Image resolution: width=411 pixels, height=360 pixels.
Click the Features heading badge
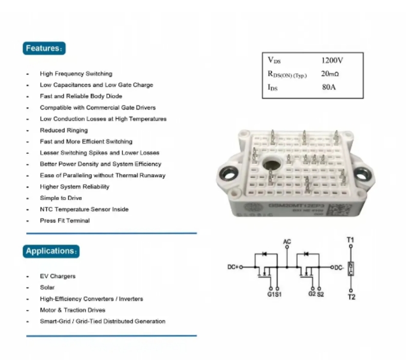pyautogui.click(x=45, y=49)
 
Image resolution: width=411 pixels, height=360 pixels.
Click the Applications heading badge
pyautogui.click(x=51, y=251)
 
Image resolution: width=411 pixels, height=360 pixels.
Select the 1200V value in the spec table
pyautogui.click(x=332, y=61)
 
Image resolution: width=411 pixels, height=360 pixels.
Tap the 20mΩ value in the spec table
pyautogui.click(x=330, y=74)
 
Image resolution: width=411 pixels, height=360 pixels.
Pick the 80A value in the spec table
pyautogui.click(x=329, y=87)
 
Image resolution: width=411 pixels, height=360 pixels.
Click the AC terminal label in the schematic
pyautogui.click(x=287, y=241)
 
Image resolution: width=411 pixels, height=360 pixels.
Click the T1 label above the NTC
pyautogui.click(x=351, y=240)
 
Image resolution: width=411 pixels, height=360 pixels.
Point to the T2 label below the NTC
pyautogui.click(x=351, y=297)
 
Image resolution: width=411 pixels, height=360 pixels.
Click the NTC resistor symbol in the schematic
pyautogui.click(x=351, y=268)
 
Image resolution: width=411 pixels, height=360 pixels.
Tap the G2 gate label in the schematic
pyautogui.click(x=312, y=294)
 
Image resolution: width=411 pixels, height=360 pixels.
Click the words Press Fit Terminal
pyautogui.click(x=65, y=221)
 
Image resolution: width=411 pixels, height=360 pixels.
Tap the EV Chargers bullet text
pyautogui.click(x=58, y=276)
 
